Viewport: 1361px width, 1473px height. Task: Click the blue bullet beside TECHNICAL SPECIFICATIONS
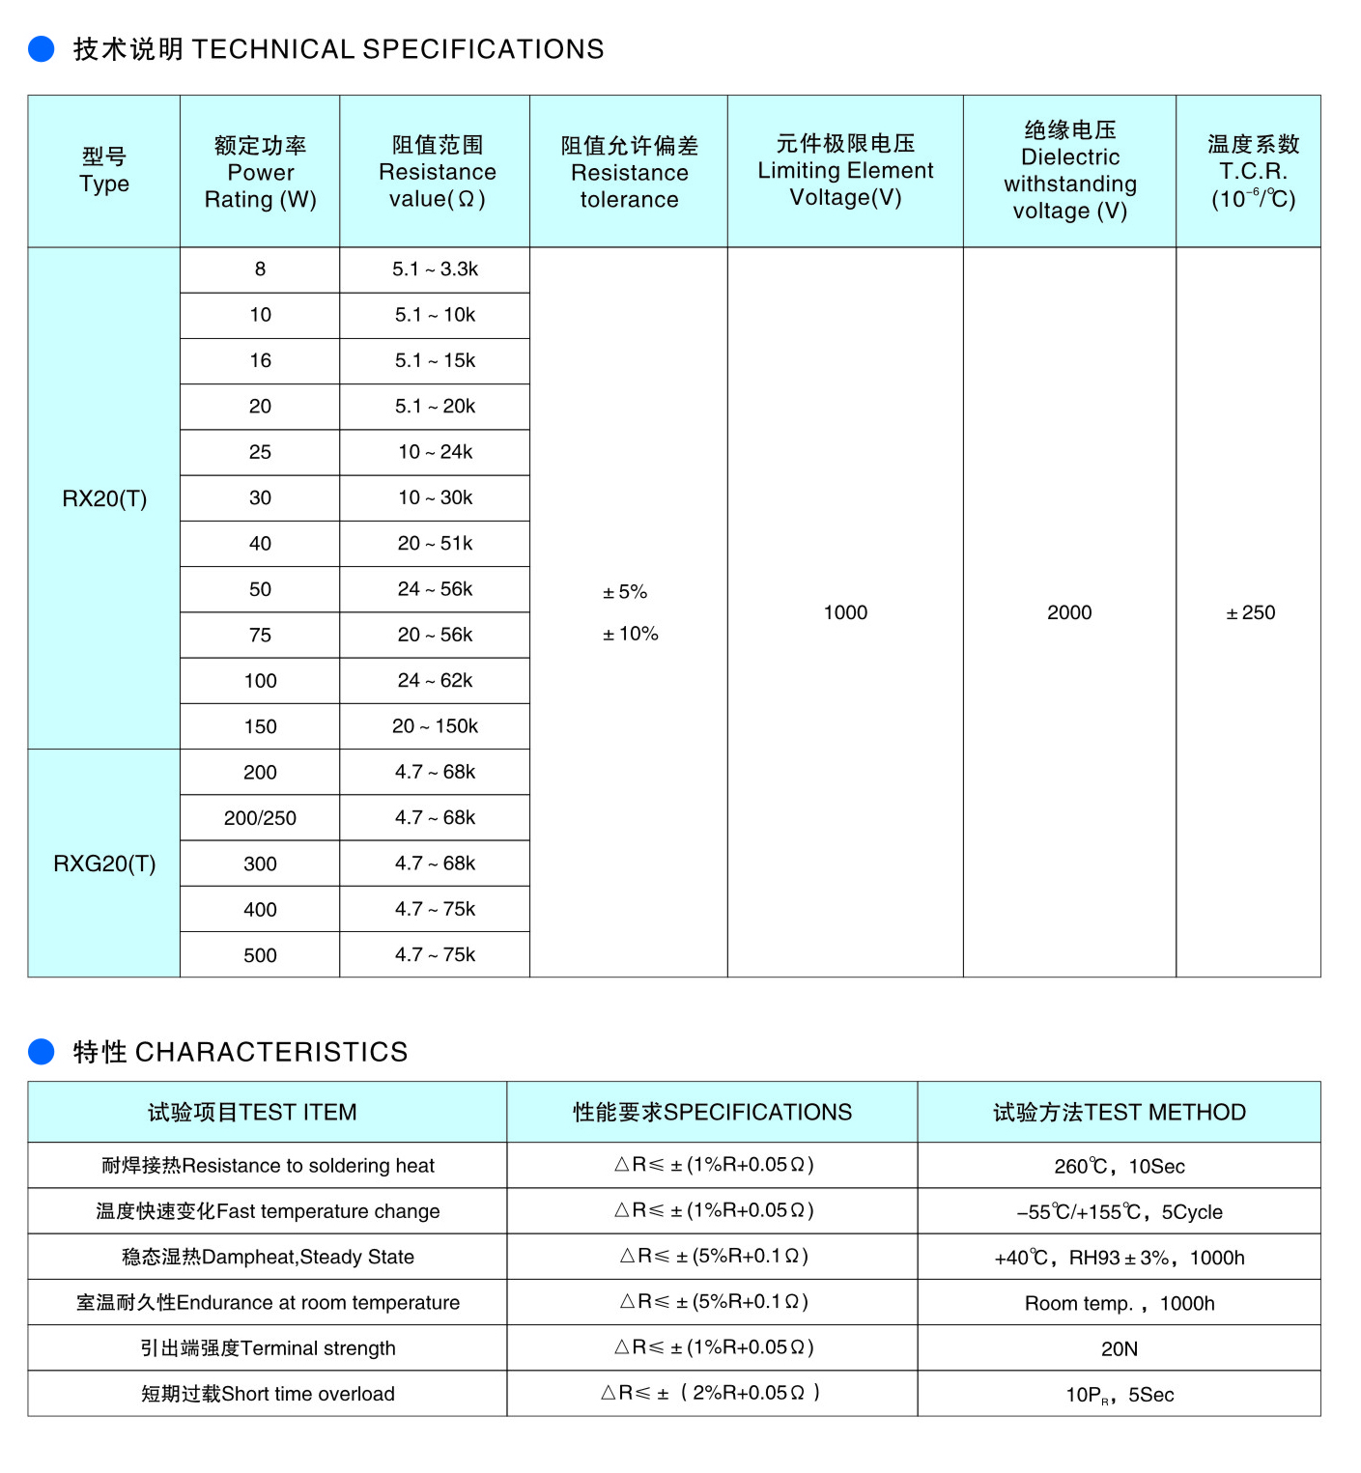pyautogui.click(x=42, y=48)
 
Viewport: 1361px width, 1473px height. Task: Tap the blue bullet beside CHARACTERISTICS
pyautogui.click(x=42, y=1051)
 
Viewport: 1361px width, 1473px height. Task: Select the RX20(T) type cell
pyautogui.click(x=104, y=498)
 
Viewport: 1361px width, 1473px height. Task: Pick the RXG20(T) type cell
pyautogui.click(x=104, y=864)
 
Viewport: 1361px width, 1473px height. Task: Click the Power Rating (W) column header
pyautogui.click(x=260, y=172)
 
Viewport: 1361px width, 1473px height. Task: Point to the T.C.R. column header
pyautogui.click(x=1253, y=172)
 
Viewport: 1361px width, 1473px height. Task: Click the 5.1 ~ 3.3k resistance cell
pyautogui.click(x=435, y=269)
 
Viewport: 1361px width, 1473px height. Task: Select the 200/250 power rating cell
pyautogui.click(x=260, y=818)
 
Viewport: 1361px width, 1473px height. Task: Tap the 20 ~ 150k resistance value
pyautogui.click(x=435, y=726)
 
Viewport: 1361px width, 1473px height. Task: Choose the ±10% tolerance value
pyautogui.click(x=630, y=634)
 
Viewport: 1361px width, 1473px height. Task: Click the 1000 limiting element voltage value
pyautogui.click(x=845, y=612)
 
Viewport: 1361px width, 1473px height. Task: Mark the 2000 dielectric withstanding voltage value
pyautogui.click(x=1069, y=612)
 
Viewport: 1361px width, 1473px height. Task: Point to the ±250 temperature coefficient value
pyautogui.click(x=1250, y=612)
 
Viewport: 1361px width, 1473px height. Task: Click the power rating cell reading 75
pyautogui.click(x=260, y=635)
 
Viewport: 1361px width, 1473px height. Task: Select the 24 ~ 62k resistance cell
pyautogui.click(x=435, y=681)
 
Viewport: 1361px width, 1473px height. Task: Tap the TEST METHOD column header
pyautogui.click(x=1119, y=1112)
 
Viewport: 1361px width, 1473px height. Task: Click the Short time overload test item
pyautogui.click(x=268, y=1394)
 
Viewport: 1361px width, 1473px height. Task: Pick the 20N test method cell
pyautogui.click(x=1119, y=1348)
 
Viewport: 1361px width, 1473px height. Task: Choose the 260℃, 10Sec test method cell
pyautogui.click(x=1119, y=1166)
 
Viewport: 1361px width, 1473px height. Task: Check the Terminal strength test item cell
pyautogui.click(x=268, y=1348)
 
